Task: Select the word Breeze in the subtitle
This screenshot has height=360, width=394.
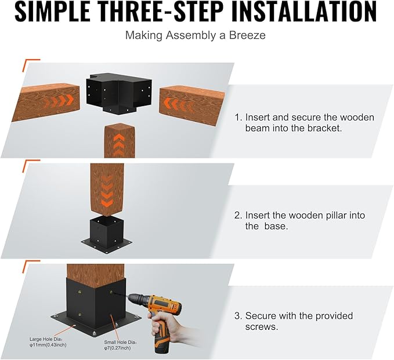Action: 247,35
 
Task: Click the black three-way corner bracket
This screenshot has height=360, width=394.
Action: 119,92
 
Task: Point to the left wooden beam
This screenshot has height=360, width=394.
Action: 46,102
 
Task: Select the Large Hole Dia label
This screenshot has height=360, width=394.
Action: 48,342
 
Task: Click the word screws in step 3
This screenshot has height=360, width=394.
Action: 262,327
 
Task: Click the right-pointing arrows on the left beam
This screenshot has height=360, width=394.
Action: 59,101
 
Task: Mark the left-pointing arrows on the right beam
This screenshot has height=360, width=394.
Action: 177,104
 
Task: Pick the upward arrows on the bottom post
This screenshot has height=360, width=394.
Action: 119,145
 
